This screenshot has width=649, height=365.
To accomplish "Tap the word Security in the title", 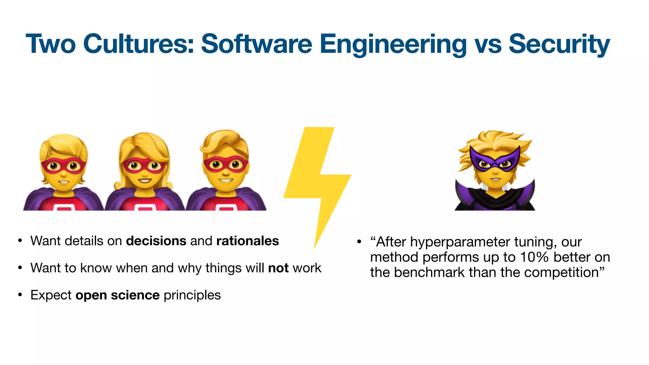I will tap(559, 44).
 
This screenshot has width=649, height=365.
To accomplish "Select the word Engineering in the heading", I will tap(393, 44).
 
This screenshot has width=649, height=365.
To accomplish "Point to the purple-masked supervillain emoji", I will tap(495, 171).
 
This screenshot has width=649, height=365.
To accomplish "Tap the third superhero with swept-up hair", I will tap(226, 171).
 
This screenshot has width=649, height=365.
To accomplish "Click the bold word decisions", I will tap(156, 241).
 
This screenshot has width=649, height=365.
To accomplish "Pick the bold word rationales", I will tap(247, 241).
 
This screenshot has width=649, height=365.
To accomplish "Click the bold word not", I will tap(278, 268).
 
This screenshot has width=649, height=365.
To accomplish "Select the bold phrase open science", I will tap(118, 295).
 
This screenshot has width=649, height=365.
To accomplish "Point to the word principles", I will tap(192, 295).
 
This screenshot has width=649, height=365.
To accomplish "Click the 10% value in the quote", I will tap(534, 257).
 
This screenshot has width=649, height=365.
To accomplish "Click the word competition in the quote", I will tap(561, 272).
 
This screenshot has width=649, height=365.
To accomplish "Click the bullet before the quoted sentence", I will tap(359, 242).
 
